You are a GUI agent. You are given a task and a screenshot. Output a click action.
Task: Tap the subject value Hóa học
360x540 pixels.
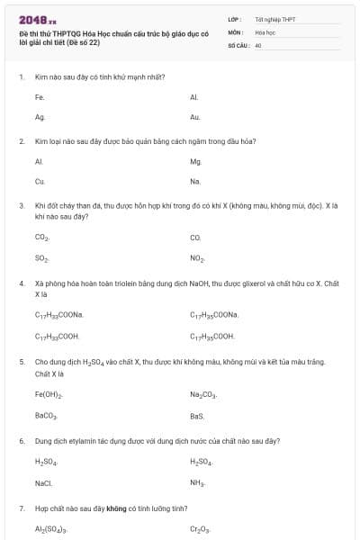pos(265,31)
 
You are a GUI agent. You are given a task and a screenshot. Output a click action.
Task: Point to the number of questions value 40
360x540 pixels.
pos(257,44)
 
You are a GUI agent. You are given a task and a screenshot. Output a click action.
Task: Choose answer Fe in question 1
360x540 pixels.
pos(40,96)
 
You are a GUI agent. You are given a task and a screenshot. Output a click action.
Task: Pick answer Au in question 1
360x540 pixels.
pos(195,117)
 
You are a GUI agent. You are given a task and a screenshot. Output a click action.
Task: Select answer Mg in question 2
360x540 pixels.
pos(195,161)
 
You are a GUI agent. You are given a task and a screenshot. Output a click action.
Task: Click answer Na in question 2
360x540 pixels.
pos(195,181)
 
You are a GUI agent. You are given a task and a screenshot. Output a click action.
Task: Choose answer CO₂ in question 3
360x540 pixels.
pos(41,238)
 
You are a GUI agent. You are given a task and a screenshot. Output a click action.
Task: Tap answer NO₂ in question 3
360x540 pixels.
pos(197,257)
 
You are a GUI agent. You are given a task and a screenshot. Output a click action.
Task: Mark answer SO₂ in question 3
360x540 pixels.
pos(41,257)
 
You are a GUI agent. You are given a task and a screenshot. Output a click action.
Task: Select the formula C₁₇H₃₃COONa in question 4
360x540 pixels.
pos(58,315)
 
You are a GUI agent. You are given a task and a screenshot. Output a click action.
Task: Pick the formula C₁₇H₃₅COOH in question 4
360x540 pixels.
pos(212,336)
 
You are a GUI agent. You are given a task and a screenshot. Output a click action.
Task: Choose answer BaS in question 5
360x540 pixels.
pos(197,416)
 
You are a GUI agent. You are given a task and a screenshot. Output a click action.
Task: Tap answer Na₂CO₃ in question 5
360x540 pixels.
pos(202,394)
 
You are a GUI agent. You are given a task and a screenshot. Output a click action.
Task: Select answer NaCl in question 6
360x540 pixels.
pos(43,483)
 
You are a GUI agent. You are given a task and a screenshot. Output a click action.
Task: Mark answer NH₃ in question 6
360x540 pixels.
pos(197,483)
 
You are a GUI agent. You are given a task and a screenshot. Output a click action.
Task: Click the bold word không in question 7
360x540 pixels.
pos(116,508)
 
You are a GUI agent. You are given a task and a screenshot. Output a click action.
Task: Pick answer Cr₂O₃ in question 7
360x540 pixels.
pos(200,529)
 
